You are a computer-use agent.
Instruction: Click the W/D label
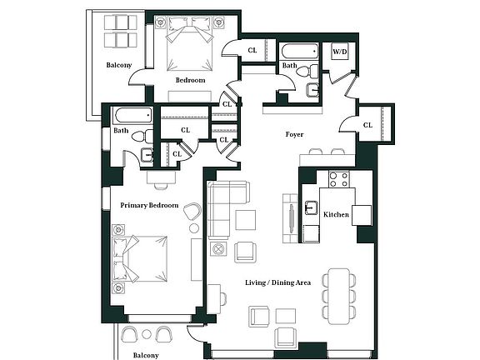(x=340, y=52)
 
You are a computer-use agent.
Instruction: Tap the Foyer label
(x=294, y=134)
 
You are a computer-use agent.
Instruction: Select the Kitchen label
(x=336, y=215)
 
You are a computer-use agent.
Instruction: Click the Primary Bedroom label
(x=149, y=205)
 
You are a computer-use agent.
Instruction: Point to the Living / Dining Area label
(x=278, y=282)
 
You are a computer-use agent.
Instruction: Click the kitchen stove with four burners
(x=339, y=179)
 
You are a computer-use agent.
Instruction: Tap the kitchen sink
(x=311, y=207)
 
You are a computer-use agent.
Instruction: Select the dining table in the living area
(x=339, y=297)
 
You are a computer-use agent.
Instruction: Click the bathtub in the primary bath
(x=134, y=115)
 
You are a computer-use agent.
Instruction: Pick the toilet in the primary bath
(x=142, y=136)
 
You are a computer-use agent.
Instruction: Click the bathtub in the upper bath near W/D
(x=300, y=52)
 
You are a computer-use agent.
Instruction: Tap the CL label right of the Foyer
(x=367, y=125)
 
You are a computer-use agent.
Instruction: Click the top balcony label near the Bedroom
(x=119, y=65)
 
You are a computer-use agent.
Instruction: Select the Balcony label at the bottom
(x=146, y=355)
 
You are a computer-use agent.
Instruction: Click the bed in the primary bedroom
(x=140, y=258)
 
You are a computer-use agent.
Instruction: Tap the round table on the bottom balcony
(x=147, y=334)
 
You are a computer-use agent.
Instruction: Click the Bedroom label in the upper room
(x=190, y=80)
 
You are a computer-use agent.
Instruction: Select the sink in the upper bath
(x=312, y=89)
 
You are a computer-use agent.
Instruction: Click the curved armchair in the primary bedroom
(x=192, y=211)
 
